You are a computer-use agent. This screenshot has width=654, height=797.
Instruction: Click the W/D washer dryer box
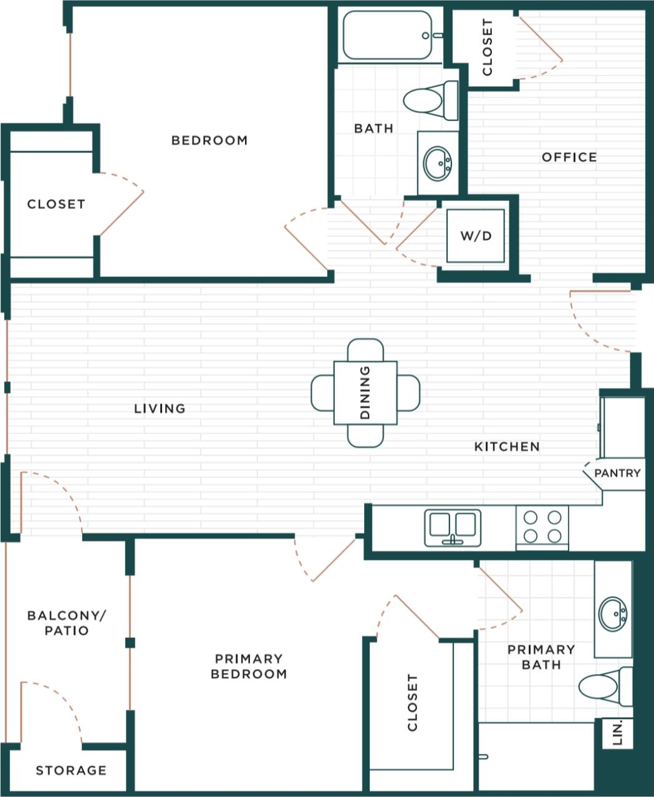[x=476, y=236]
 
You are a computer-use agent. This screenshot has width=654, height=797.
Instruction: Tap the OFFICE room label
[x=569, y=157]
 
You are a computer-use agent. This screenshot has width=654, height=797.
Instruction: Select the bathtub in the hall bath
[x=387, y=36]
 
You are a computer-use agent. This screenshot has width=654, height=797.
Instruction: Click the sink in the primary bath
[x=613, y=614]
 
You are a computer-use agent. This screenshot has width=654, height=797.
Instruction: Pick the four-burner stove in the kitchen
[x=542, y=527]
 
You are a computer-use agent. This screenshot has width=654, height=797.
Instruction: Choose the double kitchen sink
[x=453, y=526]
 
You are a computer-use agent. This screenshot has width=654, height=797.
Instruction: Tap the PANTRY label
[x=617, y=473]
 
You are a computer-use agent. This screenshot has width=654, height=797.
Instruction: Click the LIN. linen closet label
[x=618, y=733]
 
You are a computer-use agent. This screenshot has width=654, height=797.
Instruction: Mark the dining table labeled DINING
[x=365, y=393]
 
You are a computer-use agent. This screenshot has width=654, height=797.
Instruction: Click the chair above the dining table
[x=365, y=349]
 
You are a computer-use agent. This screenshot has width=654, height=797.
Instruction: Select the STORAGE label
[x=71, y=770]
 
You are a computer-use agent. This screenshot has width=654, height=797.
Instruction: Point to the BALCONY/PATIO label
[x=67, y=623]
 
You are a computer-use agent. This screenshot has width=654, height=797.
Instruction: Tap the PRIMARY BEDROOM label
[x=249, y=666]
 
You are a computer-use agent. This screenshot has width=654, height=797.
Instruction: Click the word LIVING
[x=160, y=408]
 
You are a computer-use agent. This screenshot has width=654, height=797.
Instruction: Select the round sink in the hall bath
[x=438, y=163]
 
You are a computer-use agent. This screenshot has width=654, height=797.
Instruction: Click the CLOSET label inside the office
[x=487, y=47]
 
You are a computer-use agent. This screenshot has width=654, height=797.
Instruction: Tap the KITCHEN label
[x=507, y=447]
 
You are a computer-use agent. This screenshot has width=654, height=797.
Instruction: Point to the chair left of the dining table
[x=322, y=393]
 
